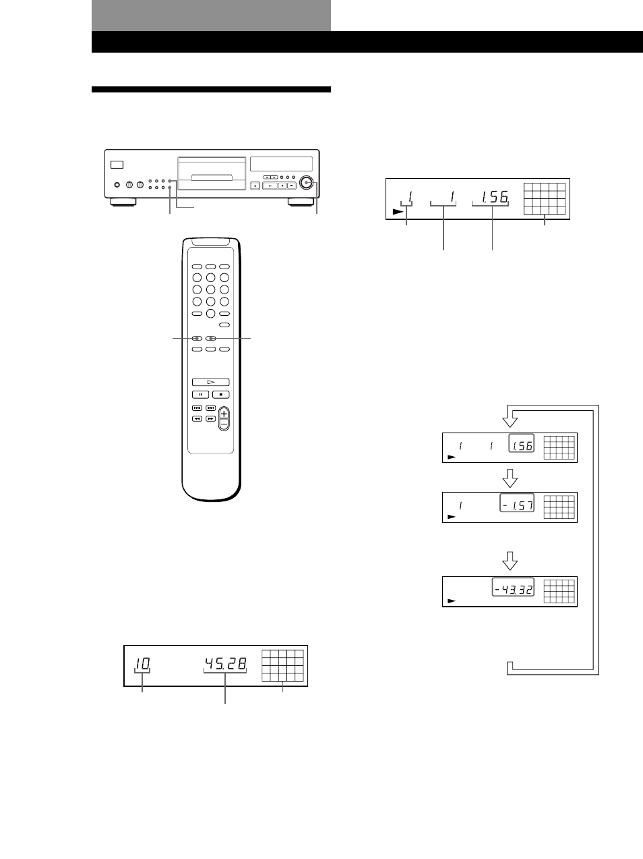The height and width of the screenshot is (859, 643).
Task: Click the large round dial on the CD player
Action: point(306,182)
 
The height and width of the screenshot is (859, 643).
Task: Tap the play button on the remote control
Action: point(211,382)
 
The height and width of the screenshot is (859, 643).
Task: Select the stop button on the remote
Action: point(221,395)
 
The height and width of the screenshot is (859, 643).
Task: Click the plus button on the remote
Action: point(224,414)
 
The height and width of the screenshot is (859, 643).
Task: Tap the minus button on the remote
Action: point(224,424)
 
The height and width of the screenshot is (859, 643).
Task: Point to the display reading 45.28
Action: point(226,663)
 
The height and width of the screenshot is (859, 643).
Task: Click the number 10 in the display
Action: point(143,663)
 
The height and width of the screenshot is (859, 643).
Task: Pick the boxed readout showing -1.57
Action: point(517,503)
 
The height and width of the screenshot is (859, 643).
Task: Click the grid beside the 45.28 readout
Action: point(282,665)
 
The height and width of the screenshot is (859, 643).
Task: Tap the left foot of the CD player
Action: point(123,202)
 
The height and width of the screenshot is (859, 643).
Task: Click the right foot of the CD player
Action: point(301,202)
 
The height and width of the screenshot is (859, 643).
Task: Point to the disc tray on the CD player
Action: point(212,173)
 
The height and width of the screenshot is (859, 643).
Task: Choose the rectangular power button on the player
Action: point(117,165)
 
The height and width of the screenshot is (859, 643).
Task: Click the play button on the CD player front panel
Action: point(270,186)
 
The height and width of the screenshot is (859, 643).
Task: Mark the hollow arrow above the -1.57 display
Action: point(510,478)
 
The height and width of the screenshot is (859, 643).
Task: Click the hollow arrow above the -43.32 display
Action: point(510,561)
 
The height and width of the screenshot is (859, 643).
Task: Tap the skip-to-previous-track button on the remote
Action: point(197,408)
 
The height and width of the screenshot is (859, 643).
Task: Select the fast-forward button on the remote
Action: point(211,419)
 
